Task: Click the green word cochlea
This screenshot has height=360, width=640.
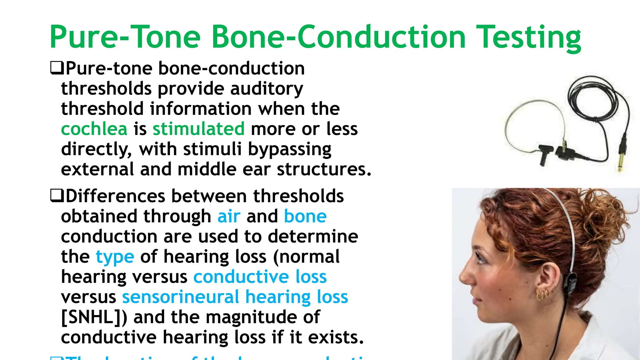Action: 94,129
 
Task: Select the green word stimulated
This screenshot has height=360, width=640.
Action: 198,129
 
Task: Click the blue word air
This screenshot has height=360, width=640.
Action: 229,217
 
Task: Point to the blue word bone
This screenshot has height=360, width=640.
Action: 305,217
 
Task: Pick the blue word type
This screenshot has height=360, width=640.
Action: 115,257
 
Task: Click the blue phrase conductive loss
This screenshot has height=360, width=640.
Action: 260,277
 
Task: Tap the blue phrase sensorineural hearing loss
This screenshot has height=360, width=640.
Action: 235,297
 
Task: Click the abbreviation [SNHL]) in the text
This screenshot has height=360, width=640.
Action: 94,317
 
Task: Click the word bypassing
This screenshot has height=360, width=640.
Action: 289,149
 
